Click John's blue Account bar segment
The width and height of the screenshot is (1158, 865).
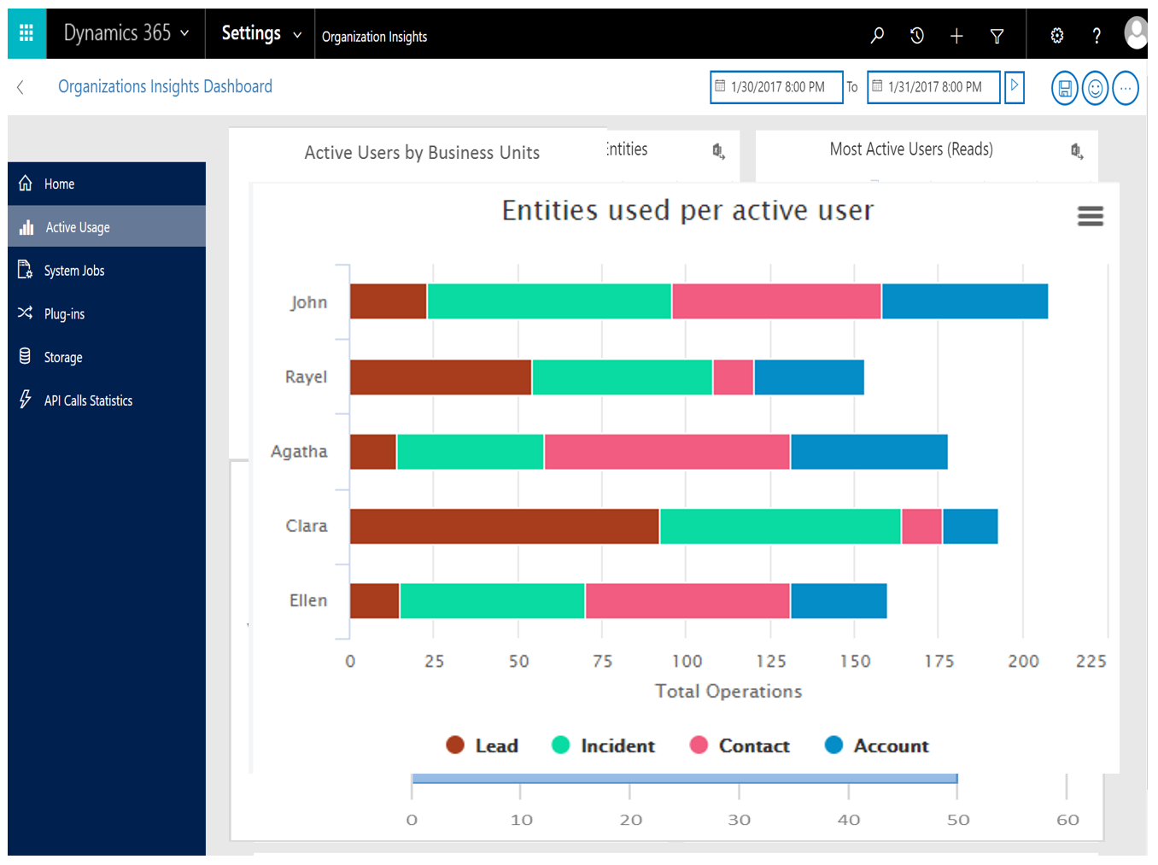click(x=964, y=301)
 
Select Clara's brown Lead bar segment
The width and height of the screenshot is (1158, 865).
click(x=504, y=526)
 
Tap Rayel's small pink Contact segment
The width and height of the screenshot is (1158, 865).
click(x=733, y=377)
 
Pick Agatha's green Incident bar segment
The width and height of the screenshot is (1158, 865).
click(x=470, y=452)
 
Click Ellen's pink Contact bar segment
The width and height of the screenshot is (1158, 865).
click(x=687, y=601)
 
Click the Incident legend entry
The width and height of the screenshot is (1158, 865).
click(x=604, y=745)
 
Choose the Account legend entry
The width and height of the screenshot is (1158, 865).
click(x=877, y=745)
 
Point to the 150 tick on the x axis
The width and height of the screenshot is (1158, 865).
click(x=855, y=661)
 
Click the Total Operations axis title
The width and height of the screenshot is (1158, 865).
click(x=728, y=691)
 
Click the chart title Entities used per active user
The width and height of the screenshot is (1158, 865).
click(x=687, y=210)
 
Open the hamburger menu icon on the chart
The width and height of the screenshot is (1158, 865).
click(x=1090, y=216)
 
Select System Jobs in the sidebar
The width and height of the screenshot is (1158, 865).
click(x=73, y=271)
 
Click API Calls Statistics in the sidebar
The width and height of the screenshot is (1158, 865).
click(x=88, y=400)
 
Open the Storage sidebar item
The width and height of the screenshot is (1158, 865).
click(x=63, y=357)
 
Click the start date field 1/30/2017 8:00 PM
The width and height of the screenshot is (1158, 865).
click(x=776, y=87)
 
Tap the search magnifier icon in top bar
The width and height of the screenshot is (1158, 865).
click(x=877, y=35)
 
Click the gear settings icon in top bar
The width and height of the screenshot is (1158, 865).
click(x=1056, y=35)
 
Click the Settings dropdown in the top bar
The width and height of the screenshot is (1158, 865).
click(x=260, y=33)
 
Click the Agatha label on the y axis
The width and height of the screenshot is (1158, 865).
click(x=299, y=452)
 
